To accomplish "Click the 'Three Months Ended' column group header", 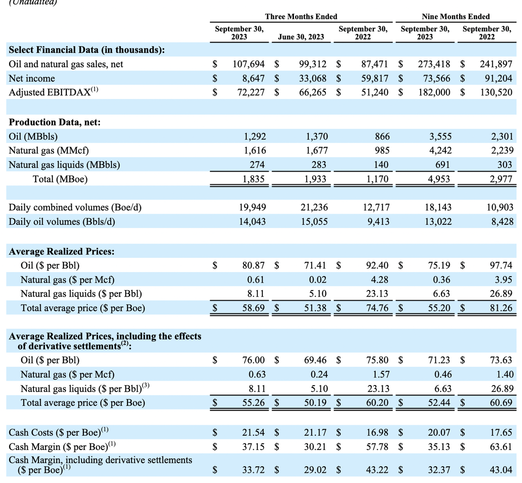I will (301, 16).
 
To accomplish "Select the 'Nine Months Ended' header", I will (456, 16).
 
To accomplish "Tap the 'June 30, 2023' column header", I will (301, 37).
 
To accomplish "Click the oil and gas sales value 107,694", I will (248, 64).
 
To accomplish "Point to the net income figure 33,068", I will (313, 78).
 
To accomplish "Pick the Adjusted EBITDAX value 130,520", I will (496, 92).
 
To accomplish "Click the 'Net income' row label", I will (32, 78).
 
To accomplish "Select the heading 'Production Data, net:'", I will (55, 122).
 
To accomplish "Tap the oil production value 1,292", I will (255, 136).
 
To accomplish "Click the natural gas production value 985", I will (382, 151).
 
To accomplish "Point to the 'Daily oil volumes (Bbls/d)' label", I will (62, 222).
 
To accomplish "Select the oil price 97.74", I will (501, 266).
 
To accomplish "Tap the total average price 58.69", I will (254, 308).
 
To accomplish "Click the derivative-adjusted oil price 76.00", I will (254, 360).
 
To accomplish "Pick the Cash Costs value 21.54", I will (254, 432).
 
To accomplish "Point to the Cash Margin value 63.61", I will (501, 447).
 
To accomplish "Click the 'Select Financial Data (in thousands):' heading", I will (87, 50).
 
